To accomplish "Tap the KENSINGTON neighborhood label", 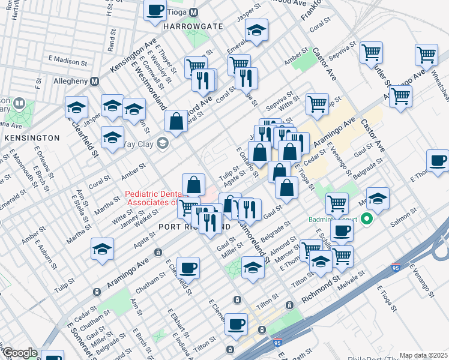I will (x=31, y=137).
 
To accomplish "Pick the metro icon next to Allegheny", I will (x=94, y=81).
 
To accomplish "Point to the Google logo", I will (x=19, y=353).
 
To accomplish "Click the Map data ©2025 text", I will (x=423, y=355).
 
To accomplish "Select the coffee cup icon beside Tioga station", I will (x=155, y=10).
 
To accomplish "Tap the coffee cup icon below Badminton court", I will (x=342, y=230).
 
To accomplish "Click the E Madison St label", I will (x=64, y=59).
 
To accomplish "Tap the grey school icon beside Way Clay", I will (x=162, y=143).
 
